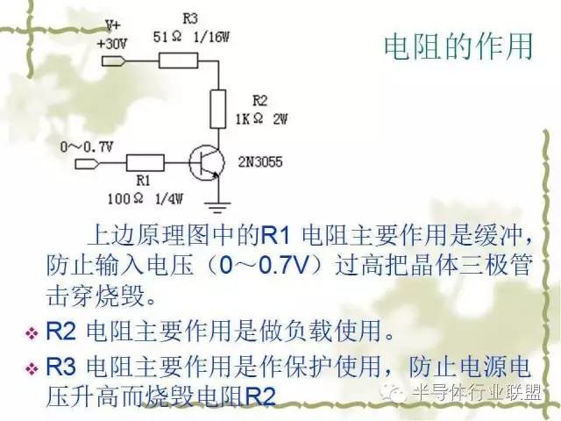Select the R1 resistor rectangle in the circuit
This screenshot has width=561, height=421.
coord(146,162)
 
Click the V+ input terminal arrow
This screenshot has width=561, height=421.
coord(116,61)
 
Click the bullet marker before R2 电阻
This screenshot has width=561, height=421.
coord(32,333)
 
